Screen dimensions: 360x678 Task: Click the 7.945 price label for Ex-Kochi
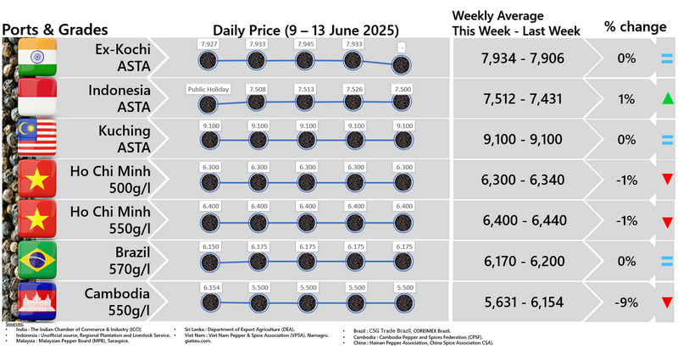[x=303, y=44]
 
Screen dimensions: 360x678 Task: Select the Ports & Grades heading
[x=55, y=29]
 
